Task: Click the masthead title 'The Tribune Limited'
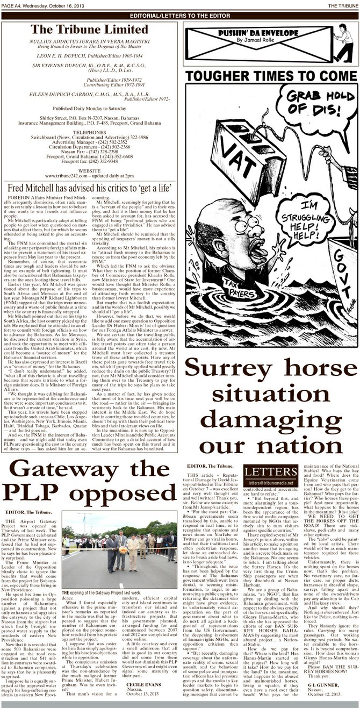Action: [x=89, y=30]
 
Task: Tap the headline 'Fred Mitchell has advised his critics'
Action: [x=89, y=187]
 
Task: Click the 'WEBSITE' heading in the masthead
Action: [x=89, y=169]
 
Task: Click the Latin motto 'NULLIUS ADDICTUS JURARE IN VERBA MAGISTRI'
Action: [x=89, y=41]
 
